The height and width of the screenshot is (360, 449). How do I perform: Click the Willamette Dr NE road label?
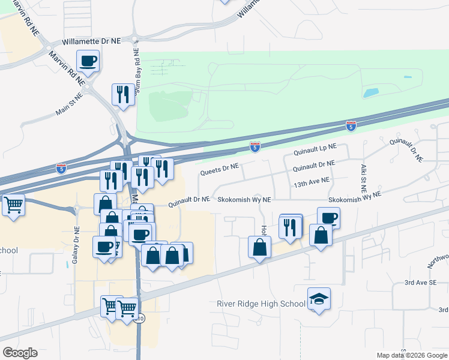point(92,41)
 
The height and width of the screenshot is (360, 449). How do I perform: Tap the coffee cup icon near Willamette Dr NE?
point(88,61)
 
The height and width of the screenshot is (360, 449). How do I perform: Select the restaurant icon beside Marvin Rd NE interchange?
point(123,95)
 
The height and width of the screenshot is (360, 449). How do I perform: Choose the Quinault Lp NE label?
point(315,147)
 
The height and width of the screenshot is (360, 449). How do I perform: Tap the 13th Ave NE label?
point(312,180)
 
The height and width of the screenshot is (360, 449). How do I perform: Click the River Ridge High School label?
point(261,304)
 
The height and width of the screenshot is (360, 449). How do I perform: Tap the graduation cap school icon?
point(319,299)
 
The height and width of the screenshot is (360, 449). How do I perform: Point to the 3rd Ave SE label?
point(418,282)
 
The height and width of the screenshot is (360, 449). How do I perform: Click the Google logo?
point(20,353)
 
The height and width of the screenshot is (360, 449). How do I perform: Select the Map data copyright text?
point(411,355)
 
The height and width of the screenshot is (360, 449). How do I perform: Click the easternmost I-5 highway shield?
point(351,126)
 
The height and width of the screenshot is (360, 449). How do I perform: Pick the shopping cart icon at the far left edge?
point(13,205)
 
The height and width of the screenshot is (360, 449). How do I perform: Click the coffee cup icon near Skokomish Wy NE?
point(328,218)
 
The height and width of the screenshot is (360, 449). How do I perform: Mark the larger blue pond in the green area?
point(371,93)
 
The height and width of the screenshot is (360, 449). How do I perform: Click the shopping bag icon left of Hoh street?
point(259,247)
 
